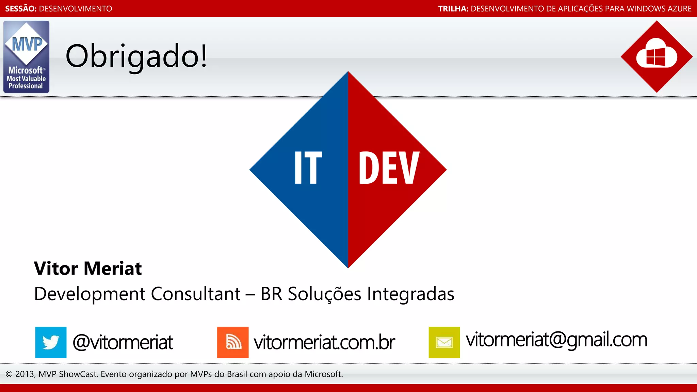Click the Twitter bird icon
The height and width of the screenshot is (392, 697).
51,342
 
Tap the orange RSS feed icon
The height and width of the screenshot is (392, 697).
233,342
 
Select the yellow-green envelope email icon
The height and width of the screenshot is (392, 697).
444,342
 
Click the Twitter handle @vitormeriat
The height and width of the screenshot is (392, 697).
123,342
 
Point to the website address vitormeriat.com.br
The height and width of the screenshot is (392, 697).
324,342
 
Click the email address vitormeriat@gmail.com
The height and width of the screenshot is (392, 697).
556,340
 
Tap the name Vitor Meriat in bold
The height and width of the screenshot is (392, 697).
88,268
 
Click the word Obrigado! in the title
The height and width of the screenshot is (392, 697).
136,56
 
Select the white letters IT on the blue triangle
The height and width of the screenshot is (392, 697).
308,167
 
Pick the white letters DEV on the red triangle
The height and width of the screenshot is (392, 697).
388,167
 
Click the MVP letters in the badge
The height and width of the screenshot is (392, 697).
27,44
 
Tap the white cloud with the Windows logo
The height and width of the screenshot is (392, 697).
657,54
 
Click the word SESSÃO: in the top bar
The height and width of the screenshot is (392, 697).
21,9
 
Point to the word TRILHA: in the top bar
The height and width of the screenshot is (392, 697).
453,9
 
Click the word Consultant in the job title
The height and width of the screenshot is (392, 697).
196,294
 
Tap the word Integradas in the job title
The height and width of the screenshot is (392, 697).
411,294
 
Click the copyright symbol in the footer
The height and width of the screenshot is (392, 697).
9,374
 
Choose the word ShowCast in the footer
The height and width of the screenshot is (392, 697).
78,374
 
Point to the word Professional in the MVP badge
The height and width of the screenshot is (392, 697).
26,86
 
